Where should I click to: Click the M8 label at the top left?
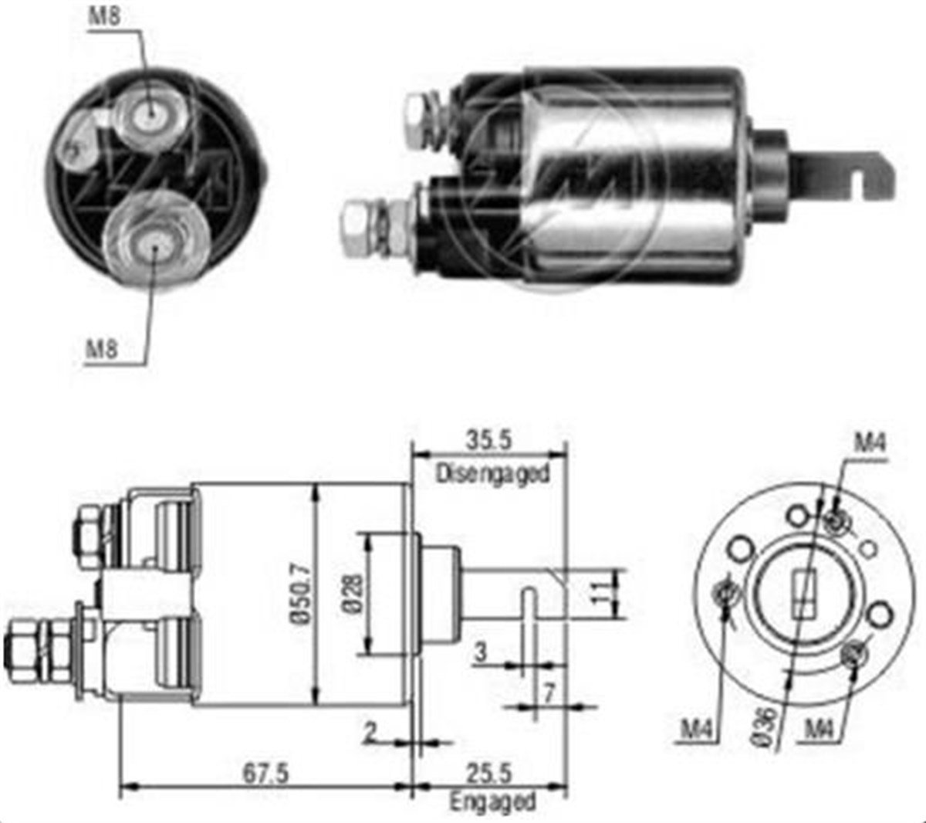coord(105,18)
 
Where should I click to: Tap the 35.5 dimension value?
coord(488,440)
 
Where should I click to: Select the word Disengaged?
coord(492,474)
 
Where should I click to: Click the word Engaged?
coord(492,801)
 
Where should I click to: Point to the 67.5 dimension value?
coord(265,774)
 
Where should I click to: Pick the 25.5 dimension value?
coord(488,774)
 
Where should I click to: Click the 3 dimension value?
coord(481,653)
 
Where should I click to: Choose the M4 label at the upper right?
coord(870,443)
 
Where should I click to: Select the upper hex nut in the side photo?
coord(417,120)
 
